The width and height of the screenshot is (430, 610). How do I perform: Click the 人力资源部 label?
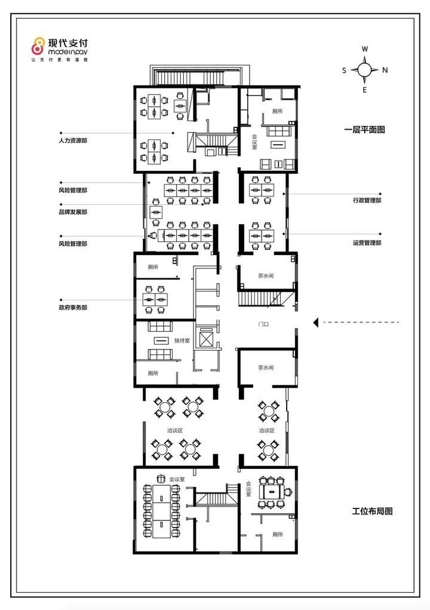point(73,140)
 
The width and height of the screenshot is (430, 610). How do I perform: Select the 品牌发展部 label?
point(73,212)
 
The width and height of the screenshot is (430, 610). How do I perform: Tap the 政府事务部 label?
point(73,307)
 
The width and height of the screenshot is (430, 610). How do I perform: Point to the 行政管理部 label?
point(367,200)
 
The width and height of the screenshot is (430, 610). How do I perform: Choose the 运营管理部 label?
point(367,243)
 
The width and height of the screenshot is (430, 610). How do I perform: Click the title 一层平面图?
point(365,130)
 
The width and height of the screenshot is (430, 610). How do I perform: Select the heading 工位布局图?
point(372,511)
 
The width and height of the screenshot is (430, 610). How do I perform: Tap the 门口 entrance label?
point(263,324)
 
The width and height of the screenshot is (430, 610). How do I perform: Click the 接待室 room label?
point(182,341)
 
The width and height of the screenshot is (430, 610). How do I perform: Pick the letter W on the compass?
point(365,49)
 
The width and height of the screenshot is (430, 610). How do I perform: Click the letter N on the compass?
point(385,70)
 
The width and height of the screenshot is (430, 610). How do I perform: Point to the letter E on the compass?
point(365,90)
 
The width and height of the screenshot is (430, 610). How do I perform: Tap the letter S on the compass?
point(344,70)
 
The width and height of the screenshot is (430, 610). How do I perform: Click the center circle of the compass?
point(365,70)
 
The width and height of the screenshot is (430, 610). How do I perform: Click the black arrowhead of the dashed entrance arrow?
point(316,322)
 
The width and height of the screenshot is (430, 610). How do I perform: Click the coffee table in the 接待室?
point(161,341)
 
